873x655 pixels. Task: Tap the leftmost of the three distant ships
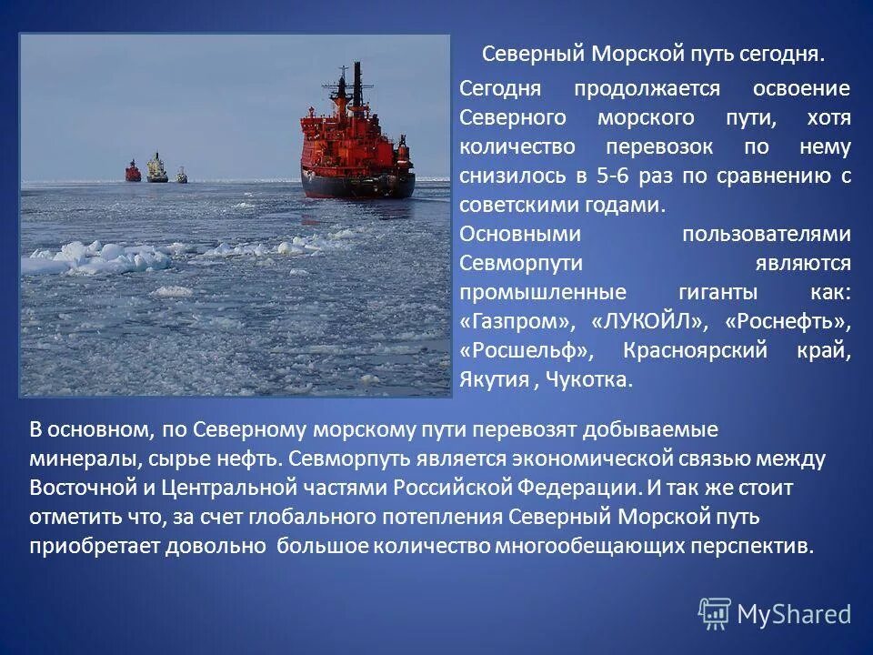pyautogui.click(x=134, y=171)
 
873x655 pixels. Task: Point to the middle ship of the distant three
pyautogui.click(x=157, y=168)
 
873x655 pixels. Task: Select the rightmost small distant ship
pyautogui.click(x=182, y=174)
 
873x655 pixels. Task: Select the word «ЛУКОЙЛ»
pyautogui.click(x=648, y=321)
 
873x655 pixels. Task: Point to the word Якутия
pyautogui.click(x=494, y=379)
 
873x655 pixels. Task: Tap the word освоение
pyautogui.click(x=801, y=88)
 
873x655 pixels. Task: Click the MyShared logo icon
pyautogui.click(x=715, y=612)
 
